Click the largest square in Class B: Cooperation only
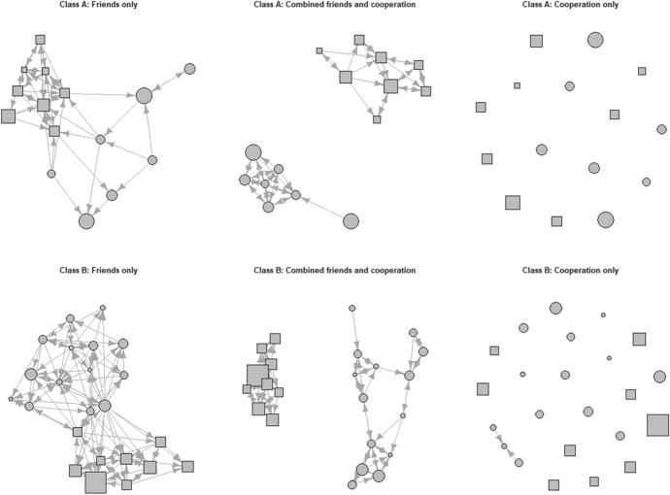click(656, 424)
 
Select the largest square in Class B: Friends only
click(95, 481)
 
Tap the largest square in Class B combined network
click(257, 374)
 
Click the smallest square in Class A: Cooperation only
click(518, 85)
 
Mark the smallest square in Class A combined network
click(319, 50)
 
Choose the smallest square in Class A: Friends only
click(24, 70)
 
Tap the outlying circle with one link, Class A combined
click(351, 221)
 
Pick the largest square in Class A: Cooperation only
click(513, 202)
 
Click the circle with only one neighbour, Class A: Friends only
click(190, 68)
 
